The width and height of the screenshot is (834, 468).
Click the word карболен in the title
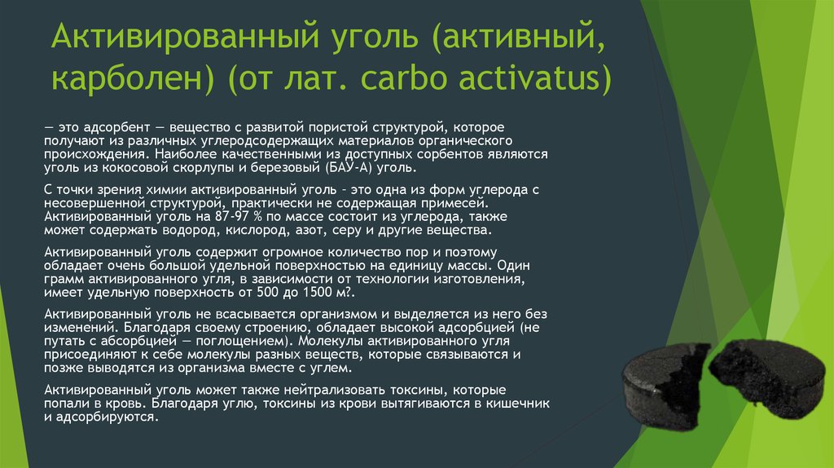point(132,77)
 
